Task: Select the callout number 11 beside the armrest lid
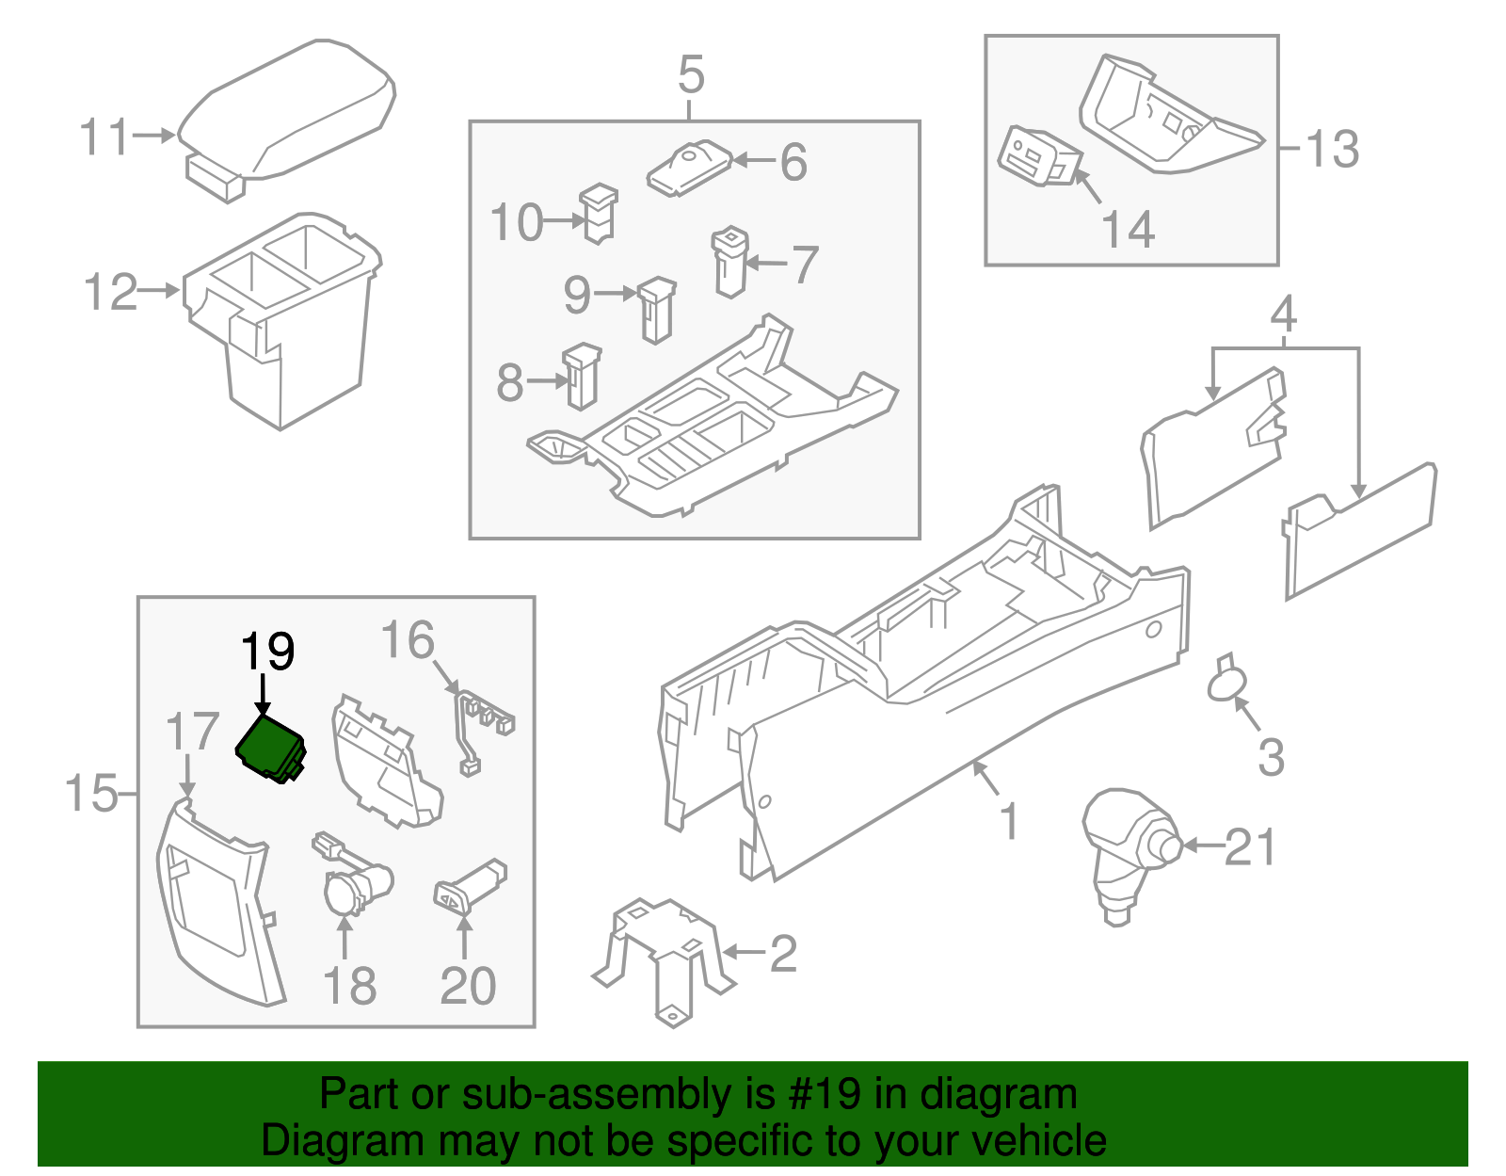[x=104, y=138]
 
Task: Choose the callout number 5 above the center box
[x=691, y=74]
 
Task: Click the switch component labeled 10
[x=599, y=214]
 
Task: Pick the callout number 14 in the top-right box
[x=1128, y=230]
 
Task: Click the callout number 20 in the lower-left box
[x=468, y=986]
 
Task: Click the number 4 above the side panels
[x=1284, y=314]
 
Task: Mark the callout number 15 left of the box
[x=91, y=794]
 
